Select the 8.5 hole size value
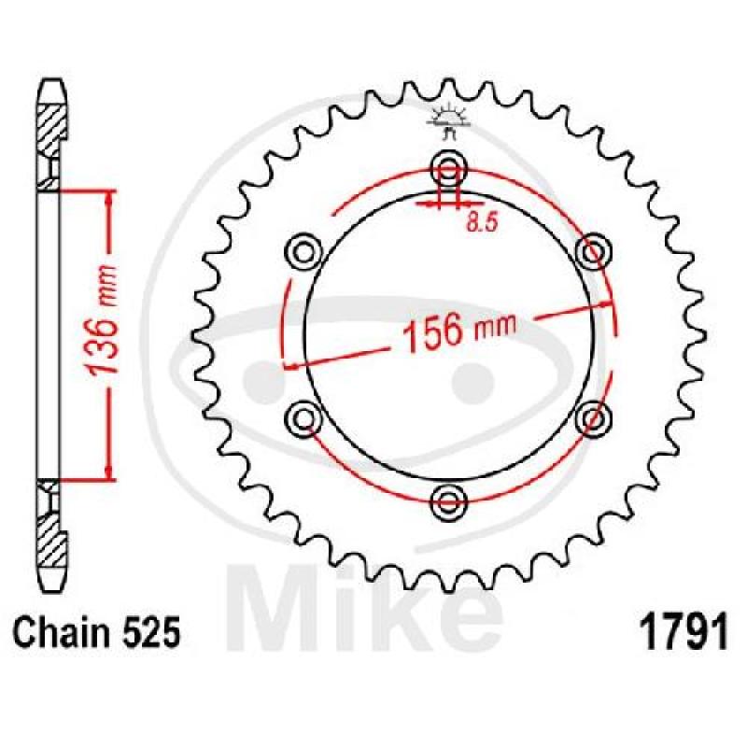[482, 222]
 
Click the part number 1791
[684, 632]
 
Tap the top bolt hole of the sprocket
[448, 169]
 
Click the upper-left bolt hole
[303, 252]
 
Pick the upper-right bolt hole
[594, 252]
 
